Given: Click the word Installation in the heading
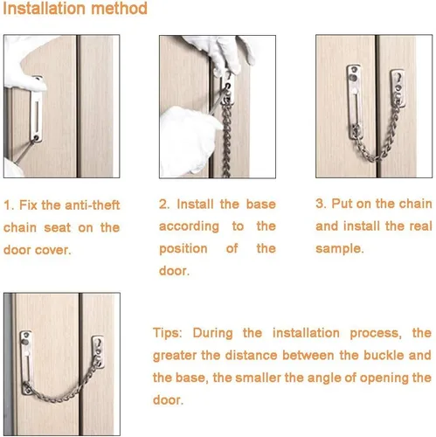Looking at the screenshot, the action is coord(43,8).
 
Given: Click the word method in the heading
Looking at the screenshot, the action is coord(119,8).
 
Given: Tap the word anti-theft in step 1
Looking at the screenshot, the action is coord(93,205).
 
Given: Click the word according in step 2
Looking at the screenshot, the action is coord(189,226).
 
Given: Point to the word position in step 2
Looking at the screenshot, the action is coord(183,249).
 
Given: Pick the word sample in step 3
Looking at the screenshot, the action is coord(338,249).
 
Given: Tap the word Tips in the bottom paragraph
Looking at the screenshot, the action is coord(166,333).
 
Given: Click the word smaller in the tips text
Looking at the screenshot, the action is coord(258,378).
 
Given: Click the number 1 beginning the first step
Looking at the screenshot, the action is coord(8,205).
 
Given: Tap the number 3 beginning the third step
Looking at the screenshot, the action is coord(320,204).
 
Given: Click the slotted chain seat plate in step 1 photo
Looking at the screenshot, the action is coord(36,109).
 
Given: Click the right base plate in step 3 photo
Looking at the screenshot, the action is coord(398,88).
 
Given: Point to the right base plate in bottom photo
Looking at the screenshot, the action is coord(98,351).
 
